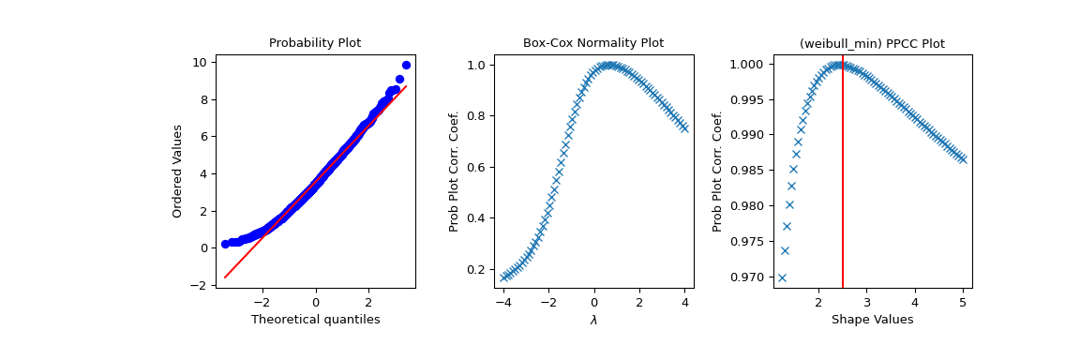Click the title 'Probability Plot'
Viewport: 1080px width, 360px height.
tap(315, 43)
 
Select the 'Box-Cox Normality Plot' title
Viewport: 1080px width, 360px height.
tap(592, 43)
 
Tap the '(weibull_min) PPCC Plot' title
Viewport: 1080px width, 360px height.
tap(872, 43)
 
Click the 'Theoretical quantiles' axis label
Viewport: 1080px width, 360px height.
tap(315, 320)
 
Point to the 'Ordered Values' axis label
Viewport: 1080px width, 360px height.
tap(177, 171)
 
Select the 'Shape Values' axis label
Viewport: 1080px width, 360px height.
tap(872, 320)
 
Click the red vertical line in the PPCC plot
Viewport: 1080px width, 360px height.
tap(843, 187)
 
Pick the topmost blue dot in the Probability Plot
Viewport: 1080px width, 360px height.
tap(406, 66)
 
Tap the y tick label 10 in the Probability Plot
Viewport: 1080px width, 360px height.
tap(201, 63)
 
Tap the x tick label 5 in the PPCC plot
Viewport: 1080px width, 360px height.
tap(963, 303)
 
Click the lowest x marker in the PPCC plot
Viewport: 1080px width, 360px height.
tap(782, 277)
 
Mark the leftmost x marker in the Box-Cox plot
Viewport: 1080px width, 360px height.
tap(504, 277)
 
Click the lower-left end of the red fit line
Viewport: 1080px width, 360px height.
tap(225, 277)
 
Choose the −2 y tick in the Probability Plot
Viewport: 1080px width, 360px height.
tap(201, 285)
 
